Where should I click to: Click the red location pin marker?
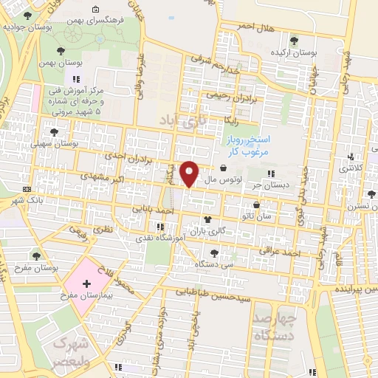(190, 173)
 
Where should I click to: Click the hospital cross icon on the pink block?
(86, 283)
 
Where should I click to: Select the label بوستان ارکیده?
(293, 53)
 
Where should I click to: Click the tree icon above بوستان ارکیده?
(295, 40)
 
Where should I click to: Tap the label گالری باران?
(213, 232)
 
